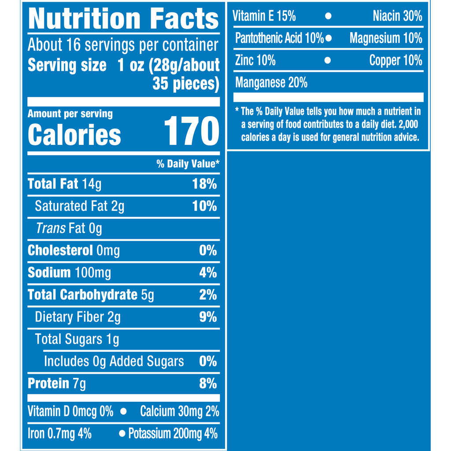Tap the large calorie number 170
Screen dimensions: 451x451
(191, 131)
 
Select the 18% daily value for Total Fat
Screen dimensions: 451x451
(204, 184)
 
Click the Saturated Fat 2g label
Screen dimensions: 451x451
(79, 206)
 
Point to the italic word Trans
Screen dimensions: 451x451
(50, 228)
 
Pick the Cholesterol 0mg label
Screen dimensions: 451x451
(74, 251)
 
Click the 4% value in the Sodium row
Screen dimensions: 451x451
(208, 273)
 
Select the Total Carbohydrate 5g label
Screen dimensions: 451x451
(91, 295)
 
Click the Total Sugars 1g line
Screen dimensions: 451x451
(77, 339)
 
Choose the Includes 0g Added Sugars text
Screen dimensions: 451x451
(114, 362)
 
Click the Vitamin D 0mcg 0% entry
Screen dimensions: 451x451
(70, 411)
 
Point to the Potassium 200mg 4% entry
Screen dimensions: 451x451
(173, 434)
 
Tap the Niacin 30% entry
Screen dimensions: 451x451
(397, 16)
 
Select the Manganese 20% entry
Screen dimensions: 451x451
(271, 82)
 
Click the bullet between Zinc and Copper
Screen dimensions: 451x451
(327, 60)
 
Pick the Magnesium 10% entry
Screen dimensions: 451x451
(386, 38)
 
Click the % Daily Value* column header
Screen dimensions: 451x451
(188, 164)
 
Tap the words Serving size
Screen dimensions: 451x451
(67, 65)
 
